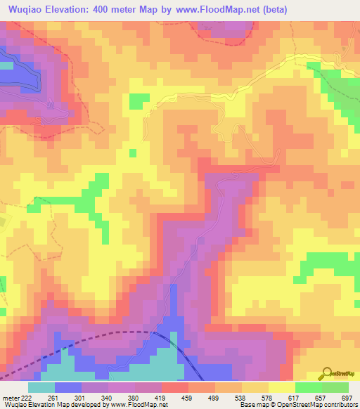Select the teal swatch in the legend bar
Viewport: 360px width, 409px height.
41,387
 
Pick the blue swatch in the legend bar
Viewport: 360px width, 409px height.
68,387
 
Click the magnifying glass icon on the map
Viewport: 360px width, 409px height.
327,373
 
